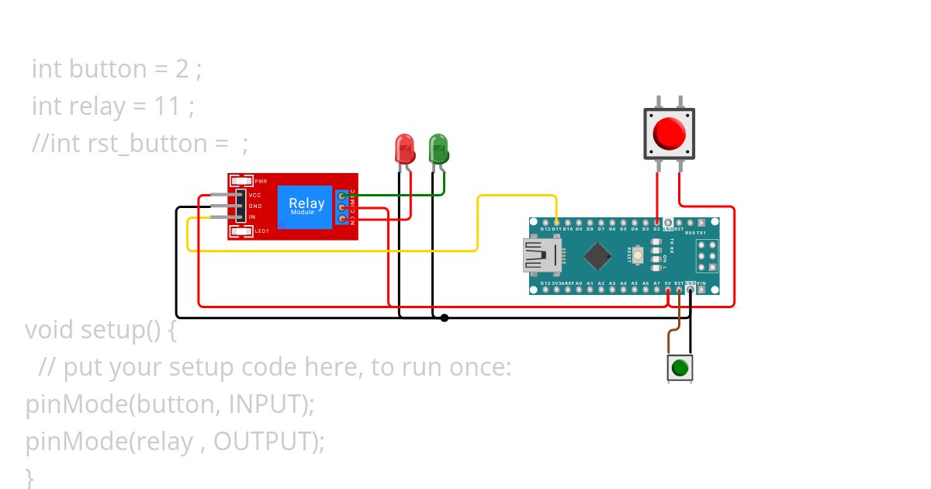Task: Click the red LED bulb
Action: pyautogui.click(x=404, y=147)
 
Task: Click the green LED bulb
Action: pyautogui.click(x=438, y=147)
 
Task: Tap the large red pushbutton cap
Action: pyautogui.click(x=669, y=134)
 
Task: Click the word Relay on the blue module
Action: pyautogui.click(x=306, y=204)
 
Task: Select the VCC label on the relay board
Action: pyautogui.click(x=255, y=195)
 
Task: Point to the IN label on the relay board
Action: pyautogui.click(x=252, y=217)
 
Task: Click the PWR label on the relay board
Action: pyautogui.click(x=261, y=181)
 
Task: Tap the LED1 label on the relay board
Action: pyautogui.click(x=262, y=231)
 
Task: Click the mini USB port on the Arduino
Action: pyautogui.click(x=542, y=256)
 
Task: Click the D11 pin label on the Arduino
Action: pyautogui.click(x=556, y=230)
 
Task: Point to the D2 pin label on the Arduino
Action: pyautogui.click(x=657, y=230)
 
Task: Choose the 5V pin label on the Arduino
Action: pyautogui.click(x=668, y=283)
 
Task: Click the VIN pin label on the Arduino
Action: pyautogui.click(x=701, y=283)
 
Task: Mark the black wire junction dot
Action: pyautogui.click(x=445, y=317)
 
